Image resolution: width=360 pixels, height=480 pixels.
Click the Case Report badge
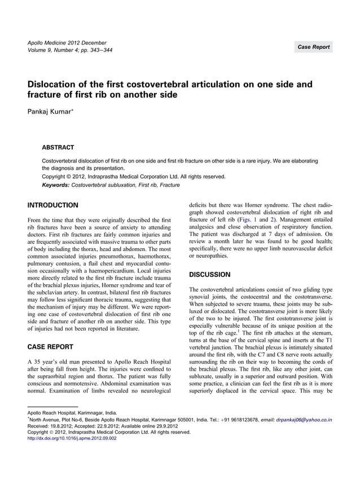point(313,47)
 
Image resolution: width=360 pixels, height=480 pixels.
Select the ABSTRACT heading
point(58,148)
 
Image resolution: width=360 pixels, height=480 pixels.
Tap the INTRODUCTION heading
point(53,205)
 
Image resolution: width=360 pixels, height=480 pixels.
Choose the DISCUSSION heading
point(210,275)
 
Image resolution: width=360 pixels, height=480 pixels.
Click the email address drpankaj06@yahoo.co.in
point(304,420)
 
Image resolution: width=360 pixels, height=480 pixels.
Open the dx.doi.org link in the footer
point(72,438)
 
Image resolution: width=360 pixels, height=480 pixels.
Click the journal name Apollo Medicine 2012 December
point(67,43)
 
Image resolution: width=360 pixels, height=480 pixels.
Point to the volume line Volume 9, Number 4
point(55,50)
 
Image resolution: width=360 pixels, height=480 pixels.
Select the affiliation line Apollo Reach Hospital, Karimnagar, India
point(72,413)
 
